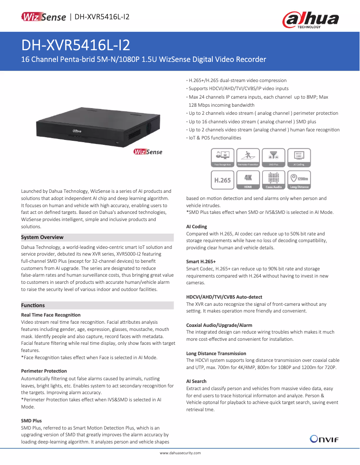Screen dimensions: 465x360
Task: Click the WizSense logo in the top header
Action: tap(44, 17)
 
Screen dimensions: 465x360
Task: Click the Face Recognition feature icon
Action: tap(222, 158)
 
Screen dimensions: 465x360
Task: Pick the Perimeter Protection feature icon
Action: tap(248, 158)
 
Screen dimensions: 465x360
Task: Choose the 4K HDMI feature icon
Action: tap(248, 179)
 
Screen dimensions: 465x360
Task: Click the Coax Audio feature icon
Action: tap(273, 179)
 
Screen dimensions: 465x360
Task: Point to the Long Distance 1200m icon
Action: tap(299, 179)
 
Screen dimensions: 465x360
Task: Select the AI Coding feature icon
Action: tap(299, 158)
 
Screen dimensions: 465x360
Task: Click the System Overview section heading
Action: tap(43, 237)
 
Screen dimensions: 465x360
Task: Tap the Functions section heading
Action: tap(33, 305)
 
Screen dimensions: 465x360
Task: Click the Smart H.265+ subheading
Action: tap(201, 261)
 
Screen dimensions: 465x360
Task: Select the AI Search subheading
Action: tap(196, 381)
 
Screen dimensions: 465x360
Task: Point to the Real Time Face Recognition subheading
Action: tap(51, 315)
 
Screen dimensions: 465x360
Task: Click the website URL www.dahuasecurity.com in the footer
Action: tap(180, 454)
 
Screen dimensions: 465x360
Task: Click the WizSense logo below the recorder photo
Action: tap(148, 152)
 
